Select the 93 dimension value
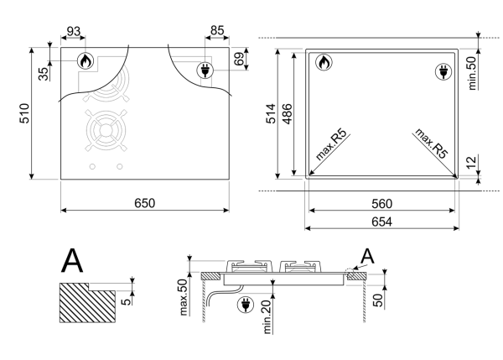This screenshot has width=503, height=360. (75, 32)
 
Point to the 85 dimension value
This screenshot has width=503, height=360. (216, 32)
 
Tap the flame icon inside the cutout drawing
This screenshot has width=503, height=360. (324, 62)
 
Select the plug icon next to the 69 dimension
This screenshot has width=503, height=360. (203, 71)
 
